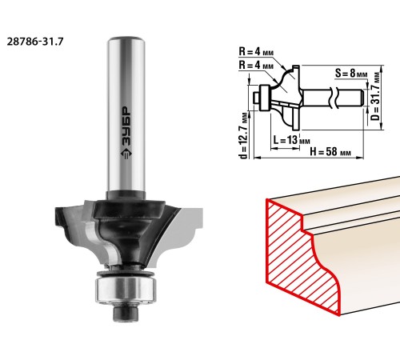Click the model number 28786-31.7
(x=35, y=42)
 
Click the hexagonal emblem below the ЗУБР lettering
(x=126, y=154)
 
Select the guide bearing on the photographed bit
(x=124, y=290)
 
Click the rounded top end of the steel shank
(x=126, y=40)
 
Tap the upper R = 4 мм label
(x=256, y=51)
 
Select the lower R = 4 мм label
(x=256, y=65)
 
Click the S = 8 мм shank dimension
(x=351, y=73)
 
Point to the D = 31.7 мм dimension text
(x=376, y=96)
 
